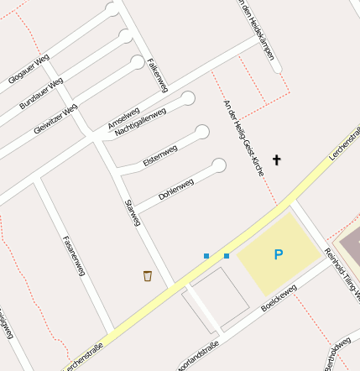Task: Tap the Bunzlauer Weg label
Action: point(40,94)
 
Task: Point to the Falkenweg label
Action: point(157,74)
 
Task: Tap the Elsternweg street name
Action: point(160,155)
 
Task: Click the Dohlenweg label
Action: point(176,188)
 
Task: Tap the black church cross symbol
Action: point(277,159)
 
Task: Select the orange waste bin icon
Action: point(148,275)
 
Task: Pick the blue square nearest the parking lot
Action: point(227,255)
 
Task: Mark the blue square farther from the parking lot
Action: point(206,255)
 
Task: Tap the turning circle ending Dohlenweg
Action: point(219,165)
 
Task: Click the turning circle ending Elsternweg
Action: point(202,132)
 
